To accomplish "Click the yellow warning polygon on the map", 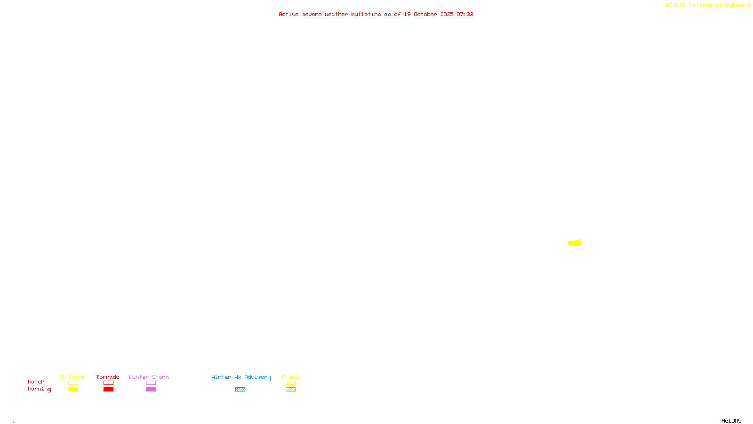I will [575, 243].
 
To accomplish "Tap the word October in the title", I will [425, 14].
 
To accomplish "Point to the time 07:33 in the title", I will [465, 14].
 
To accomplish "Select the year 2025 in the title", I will [447, 14].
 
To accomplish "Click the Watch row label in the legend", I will [36, 382].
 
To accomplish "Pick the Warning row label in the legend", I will [39, 389].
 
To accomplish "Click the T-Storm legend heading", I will [72, 377].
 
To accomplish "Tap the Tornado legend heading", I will [108, 377].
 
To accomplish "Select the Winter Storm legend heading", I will [149, 377].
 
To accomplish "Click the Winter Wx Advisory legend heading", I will [241, 377].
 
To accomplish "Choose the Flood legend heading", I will [290, 377].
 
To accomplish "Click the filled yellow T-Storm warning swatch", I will [73, 390].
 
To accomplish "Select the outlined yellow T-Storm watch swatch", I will [73, 383].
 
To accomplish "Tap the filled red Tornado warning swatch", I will [108, 390].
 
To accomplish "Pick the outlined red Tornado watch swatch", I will [108, 383].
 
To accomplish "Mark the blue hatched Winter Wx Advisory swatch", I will [240, 390].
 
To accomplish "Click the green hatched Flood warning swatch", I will [290, 390].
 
